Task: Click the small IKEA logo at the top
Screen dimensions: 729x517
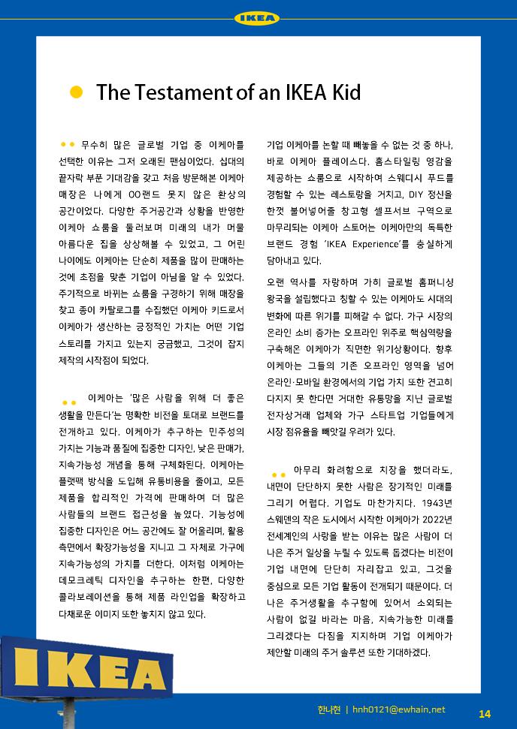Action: tap(257, 18)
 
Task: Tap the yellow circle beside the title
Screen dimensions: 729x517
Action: tap(76, 92)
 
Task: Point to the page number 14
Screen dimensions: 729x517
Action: tap(484, 712)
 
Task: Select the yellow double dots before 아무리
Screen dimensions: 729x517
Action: tap(279, 474)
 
